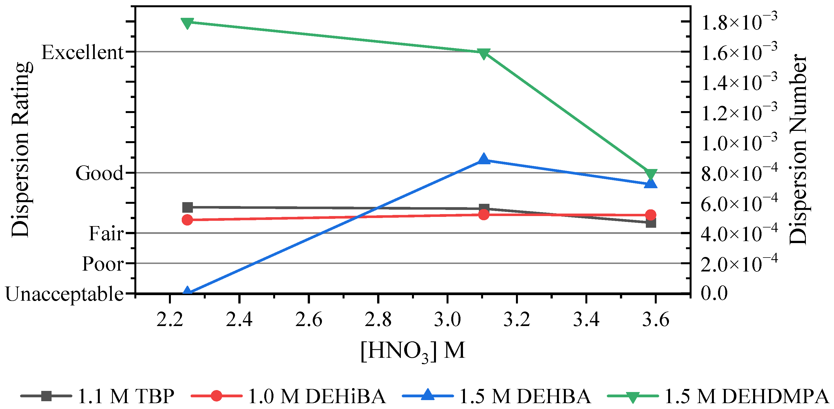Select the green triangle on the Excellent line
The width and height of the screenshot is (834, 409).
point(484,54)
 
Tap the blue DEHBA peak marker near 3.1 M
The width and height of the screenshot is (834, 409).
point(484,159)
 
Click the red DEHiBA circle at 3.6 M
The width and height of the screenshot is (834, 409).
point(651,215)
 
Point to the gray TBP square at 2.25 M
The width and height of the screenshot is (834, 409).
point(188,207)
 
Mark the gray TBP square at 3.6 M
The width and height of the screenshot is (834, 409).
point(651,223)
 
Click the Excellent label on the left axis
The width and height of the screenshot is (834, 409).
point(83,52)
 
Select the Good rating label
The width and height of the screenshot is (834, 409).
point(100,173)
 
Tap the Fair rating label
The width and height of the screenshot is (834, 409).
point(106,233)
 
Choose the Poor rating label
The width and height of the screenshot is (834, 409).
point(103,264)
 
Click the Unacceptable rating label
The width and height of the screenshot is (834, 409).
point(65,295)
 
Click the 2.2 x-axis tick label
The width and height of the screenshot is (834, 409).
point(170,320)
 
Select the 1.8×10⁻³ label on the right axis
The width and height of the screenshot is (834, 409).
point(739,21)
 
